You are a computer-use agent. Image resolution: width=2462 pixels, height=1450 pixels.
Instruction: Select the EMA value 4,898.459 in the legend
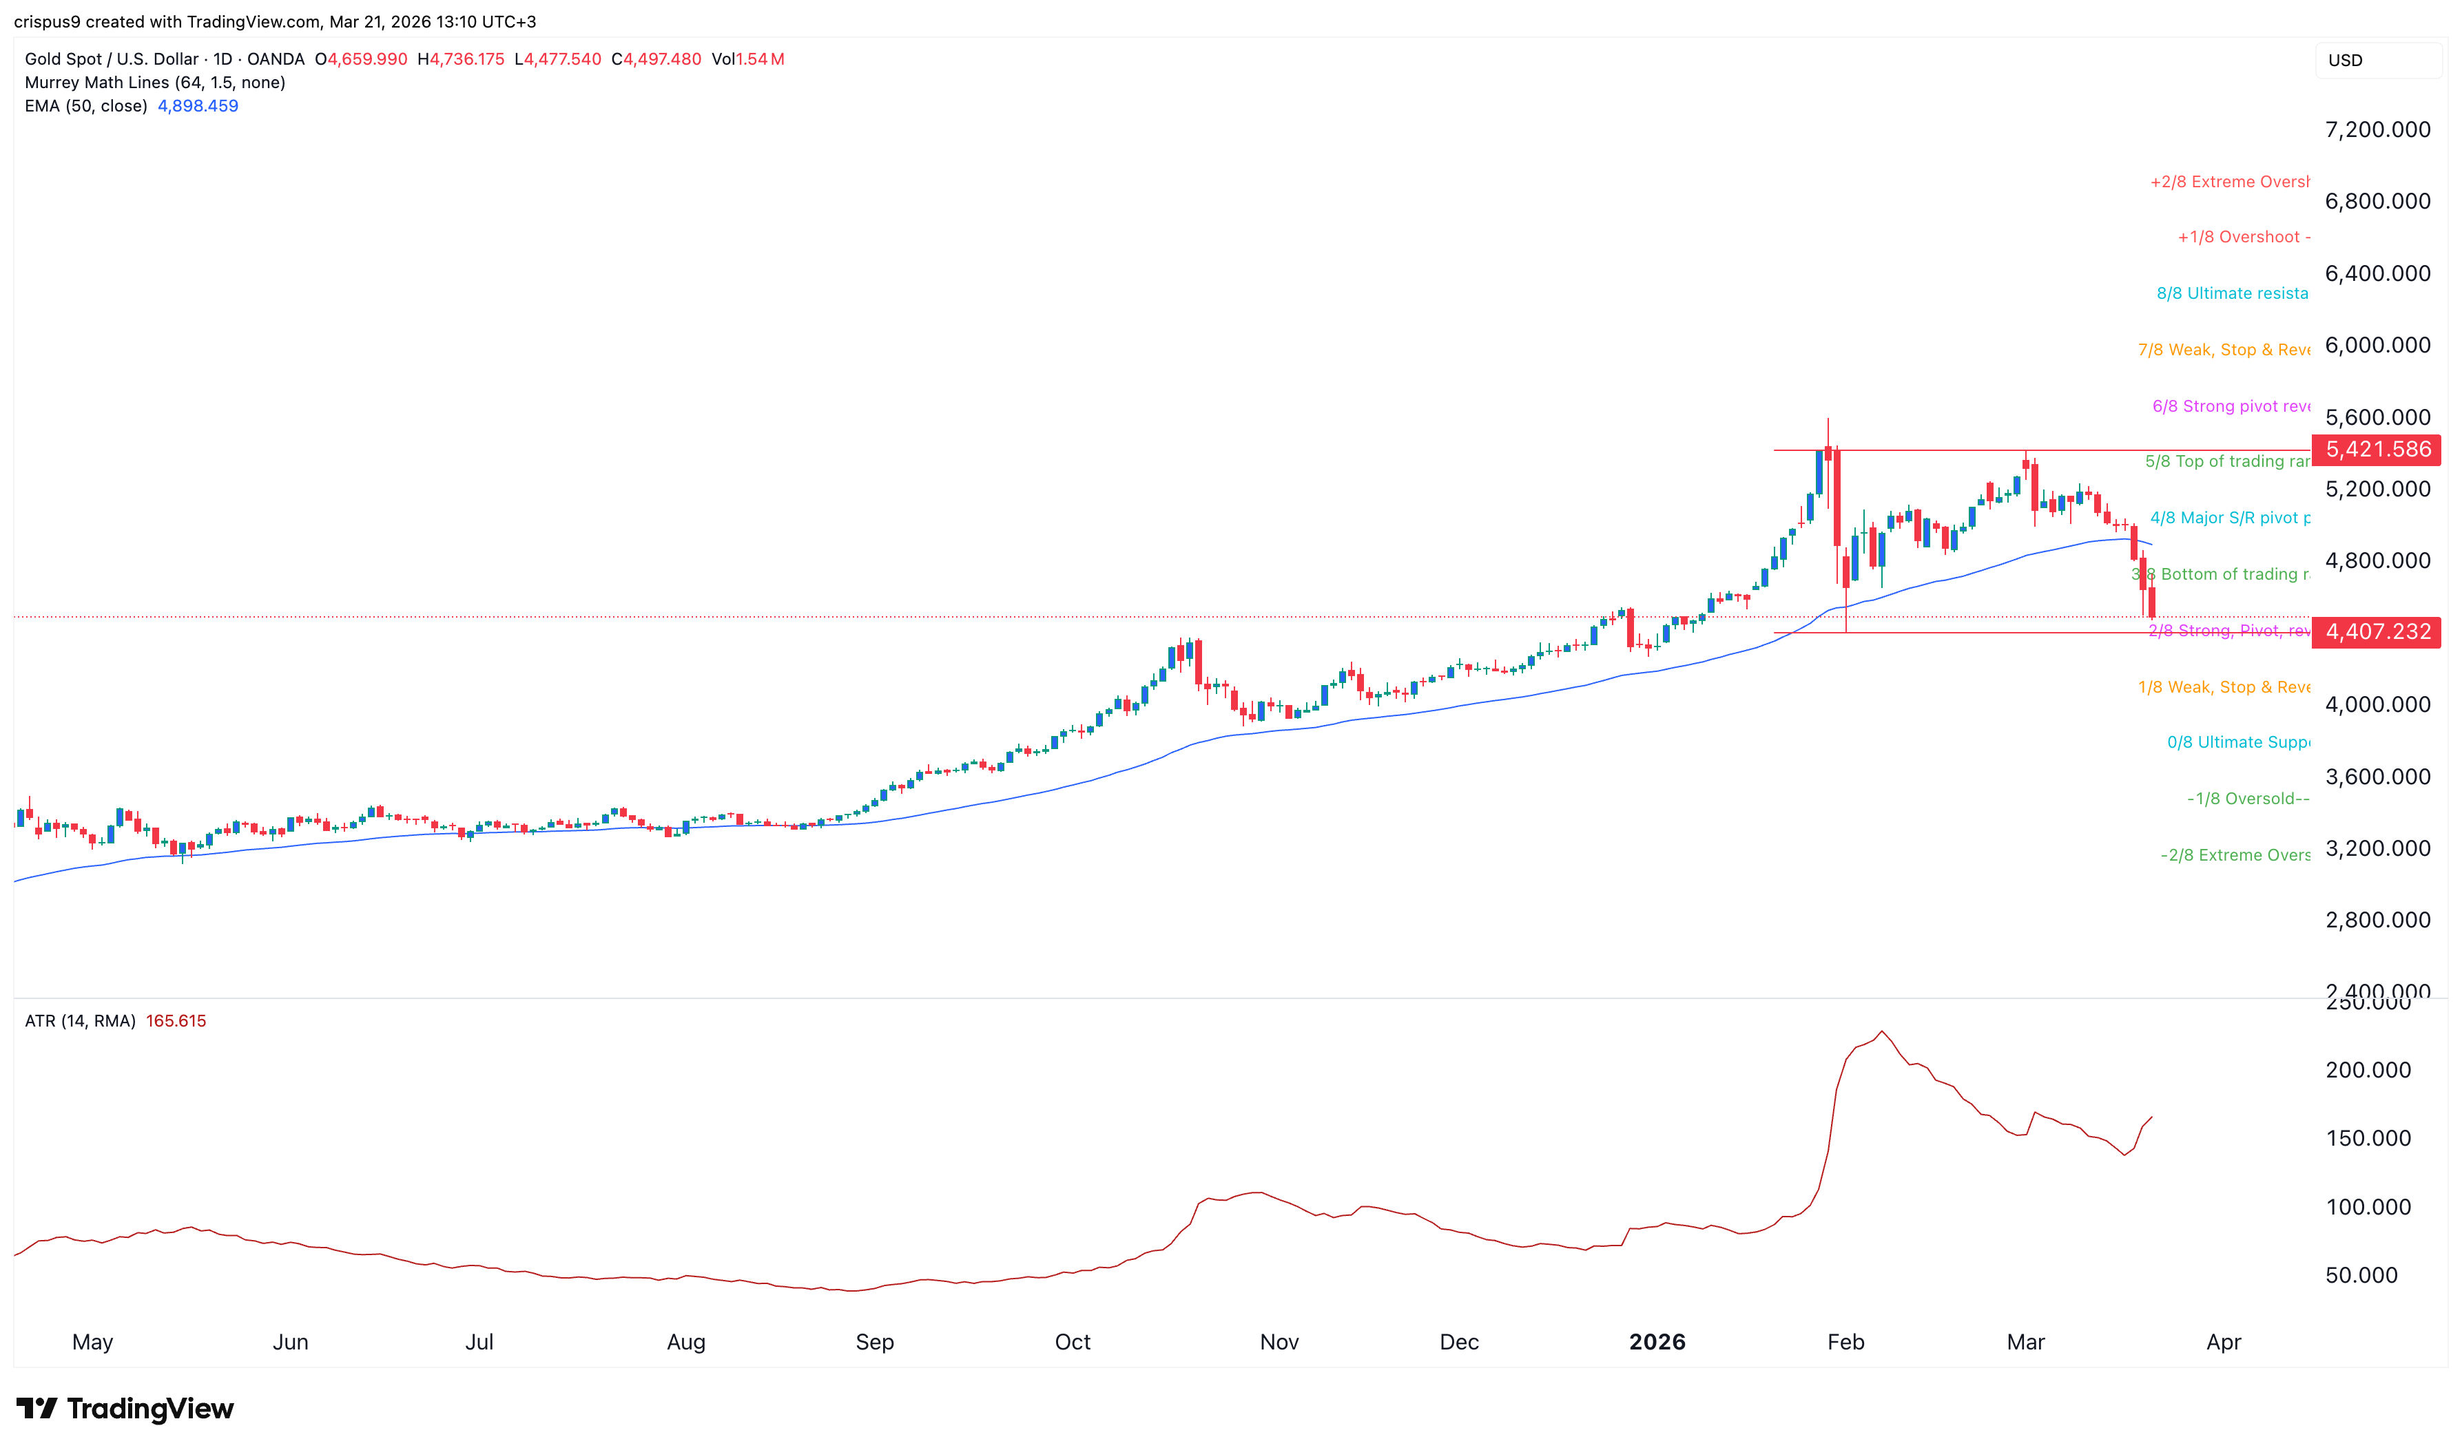coord(198,105)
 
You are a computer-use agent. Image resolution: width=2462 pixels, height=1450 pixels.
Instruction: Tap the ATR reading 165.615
coord(176,1021)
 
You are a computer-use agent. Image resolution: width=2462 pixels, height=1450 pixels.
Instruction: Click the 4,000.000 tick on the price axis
coord(2377,704)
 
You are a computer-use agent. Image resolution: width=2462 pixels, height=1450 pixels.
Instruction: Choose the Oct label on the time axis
coord(1072,1343)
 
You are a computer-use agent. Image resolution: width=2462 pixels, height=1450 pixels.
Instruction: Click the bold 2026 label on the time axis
coord(1657,1343)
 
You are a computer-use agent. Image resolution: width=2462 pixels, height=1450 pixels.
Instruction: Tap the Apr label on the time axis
coord(2224,1343)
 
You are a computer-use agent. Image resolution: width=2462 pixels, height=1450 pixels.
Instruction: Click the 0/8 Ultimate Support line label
coord(2237,743)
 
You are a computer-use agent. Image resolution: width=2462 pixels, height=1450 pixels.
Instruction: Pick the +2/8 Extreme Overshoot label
coord(2228,182)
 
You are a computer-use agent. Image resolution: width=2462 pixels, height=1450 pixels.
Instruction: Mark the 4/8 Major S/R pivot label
coord(2229,518)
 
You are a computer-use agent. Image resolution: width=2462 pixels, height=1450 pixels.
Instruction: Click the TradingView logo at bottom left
coord(125,1409)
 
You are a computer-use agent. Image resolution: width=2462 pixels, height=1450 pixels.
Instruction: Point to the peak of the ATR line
coord(1881,1032)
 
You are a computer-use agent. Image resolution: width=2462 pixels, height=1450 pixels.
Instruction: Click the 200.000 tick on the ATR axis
coord(2367,1070)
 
